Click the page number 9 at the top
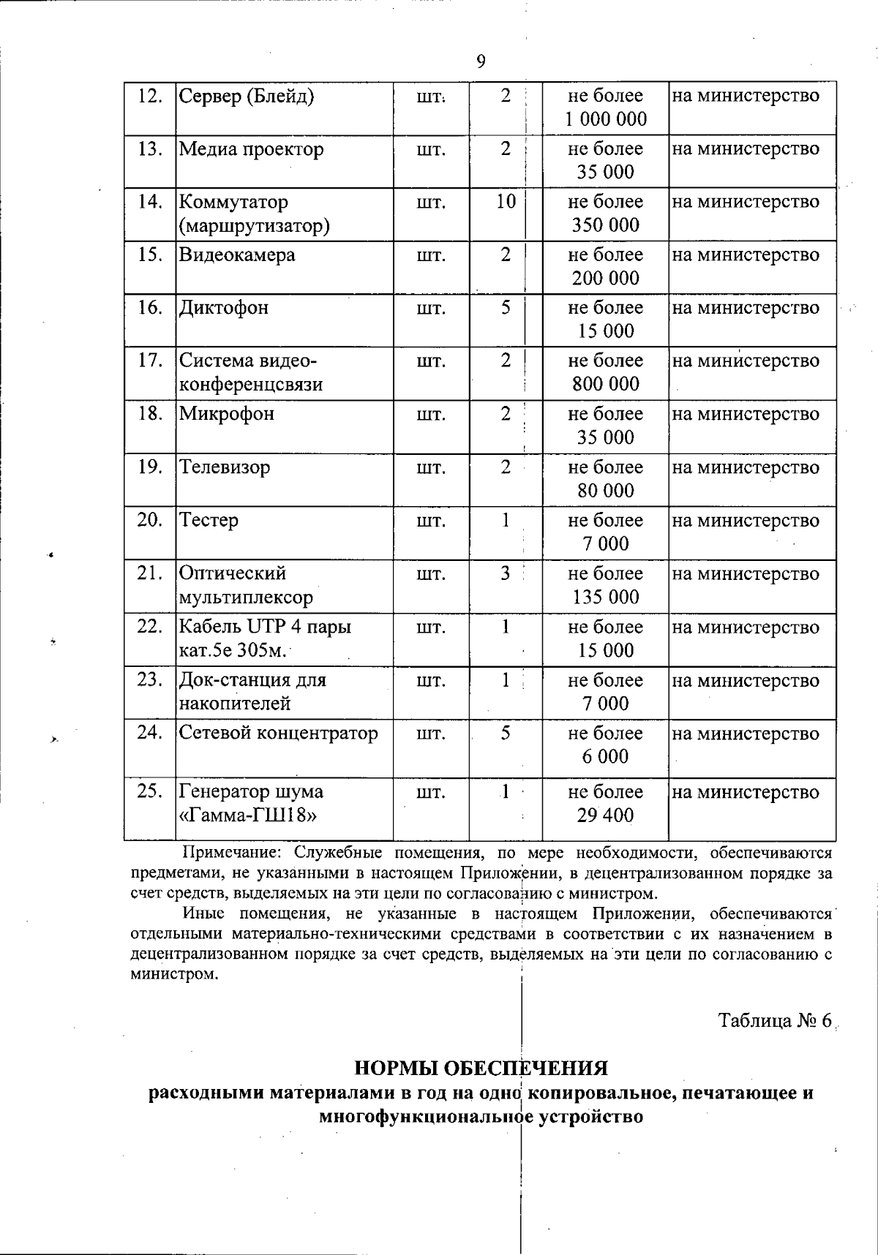[x=481, y=61]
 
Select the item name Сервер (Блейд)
[x=247, y=96]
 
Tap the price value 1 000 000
[x=605, y=119]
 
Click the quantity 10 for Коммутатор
[x=506, y=202]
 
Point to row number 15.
[x=149, y=255]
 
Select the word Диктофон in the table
[x=224, y=308]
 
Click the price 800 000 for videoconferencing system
[x=605, y=384]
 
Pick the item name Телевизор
[x=225, y=467]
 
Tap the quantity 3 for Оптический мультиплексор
[x=506, y=573]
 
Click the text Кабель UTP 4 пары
[x=265, y=627]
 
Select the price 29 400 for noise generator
[x=605, y=815]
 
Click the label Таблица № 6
[x=775, y=1021]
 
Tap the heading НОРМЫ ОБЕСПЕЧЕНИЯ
[x=481, y=1069]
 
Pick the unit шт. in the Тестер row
[x=430, y=521]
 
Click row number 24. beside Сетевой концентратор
[x=149, y=733]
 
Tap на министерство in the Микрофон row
[x=746, y=415]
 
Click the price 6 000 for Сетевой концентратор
[x=605, y=757]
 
